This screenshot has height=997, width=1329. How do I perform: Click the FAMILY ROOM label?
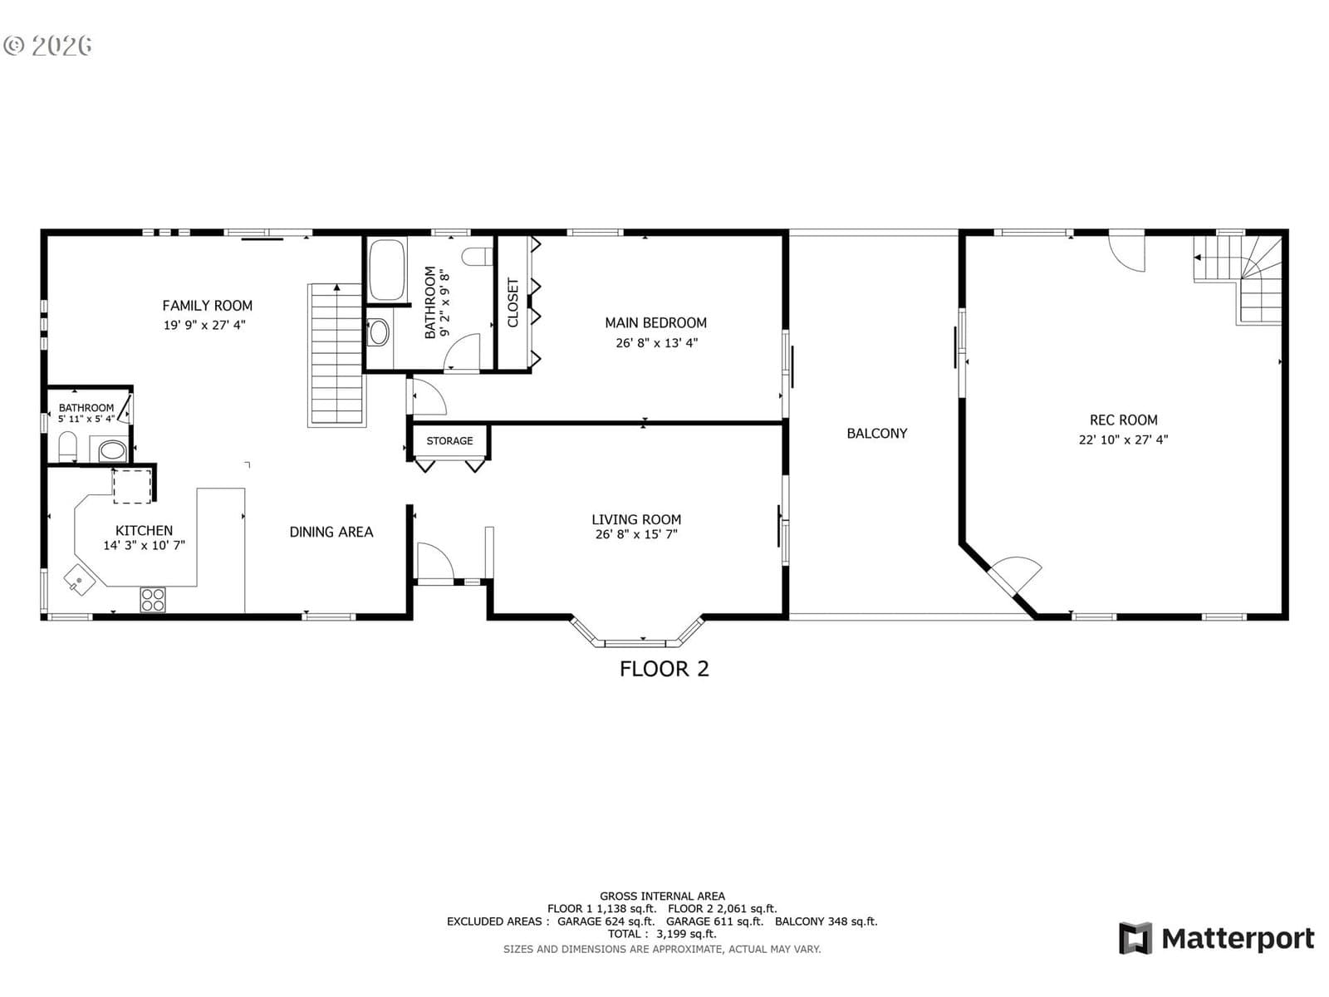pos(207,306)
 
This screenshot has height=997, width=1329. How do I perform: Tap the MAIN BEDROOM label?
pos(655,322)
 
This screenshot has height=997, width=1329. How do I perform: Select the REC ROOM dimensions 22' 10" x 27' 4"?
pos(1123,440)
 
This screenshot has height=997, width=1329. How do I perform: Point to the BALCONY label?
pos(876,434)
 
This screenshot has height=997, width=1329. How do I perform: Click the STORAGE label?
pos(449,440)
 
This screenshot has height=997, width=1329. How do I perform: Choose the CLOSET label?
pos(512,302)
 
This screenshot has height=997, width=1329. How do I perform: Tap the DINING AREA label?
pos(331,532)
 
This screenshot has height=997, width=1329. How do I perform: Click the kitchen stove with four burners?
pos(153,599)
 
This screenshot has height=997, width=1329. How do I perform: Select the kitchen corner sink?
pos(79,581)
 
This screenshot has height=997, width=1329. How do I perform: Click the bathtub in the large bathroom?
pos(387,270)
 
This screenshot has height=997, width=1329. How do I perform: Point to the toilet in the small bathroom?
pos(67,446)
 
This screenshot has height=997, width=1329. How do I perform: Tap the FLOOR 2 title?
pos(664,669)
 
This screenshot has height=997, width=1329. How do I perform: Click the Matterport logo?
pos(1216,939)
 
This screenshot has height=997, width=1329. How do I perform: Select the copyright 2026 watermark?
pos(47,46)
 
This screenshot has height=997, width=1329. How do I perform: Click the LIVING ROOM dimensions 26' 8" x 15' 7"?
pos(636,534)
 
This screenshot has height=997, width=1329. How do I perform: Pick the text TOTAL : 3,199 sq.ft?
pos(662,934)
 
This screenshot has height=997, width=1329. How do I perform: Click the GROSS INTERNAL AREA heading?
pos(662,896)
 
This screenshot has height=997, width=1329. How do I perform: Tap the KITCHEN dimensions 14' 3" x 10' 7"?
pos(144,545)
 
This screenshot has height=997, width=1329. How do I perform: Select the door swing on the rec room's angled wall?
pos(1015,572)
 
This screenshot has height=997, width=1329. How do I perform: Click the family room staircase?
pos(336,355)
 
